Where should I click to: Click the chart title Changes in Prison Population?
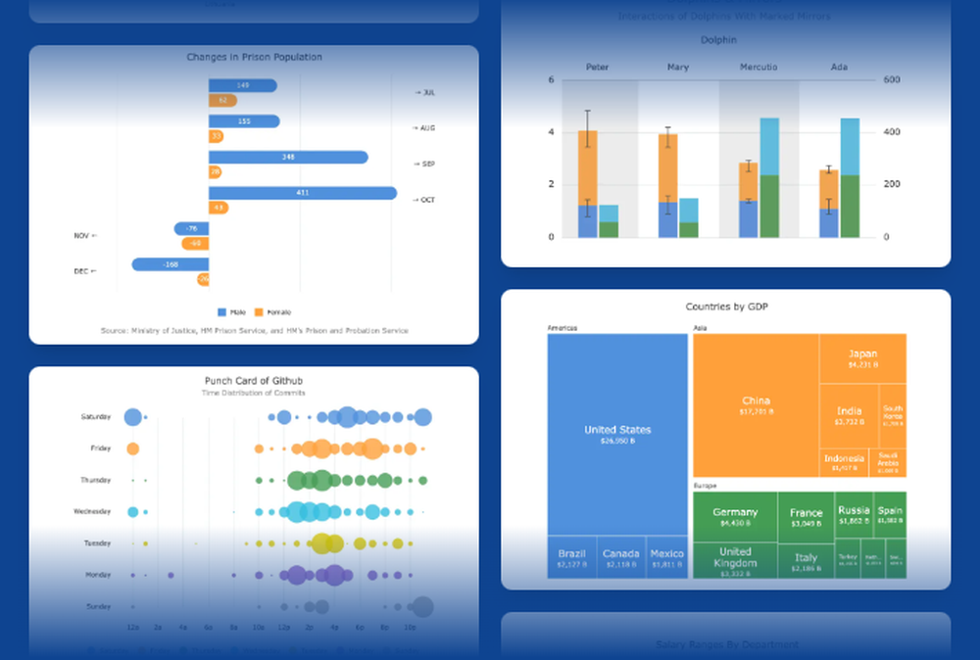tap(254, 57)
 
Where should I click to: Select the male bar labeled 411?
tap(302, 193)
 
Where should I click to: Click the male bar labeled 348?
tap(287, 157)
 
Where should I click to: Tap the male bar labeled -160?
tap(170, 264)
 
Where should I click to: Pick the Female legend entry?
tap(272, 312)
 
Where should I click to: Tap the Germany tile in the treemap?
tap(735, 516)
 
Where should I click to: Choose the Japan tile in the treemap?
tap(862, 358)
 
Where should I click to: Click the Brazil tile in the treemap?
tap(570, 557)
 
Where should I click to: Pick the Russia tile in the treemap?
tap(854, 514)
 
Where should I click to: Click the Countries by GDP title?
tap(726, 306)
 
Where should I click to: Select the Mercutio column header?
tap(759, 68)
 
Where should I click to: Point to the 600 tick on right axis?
tap(893, 80)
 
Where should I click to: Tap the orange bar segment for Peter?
tap(587, 167)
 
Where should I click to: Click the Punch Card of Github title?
tap(254, 381)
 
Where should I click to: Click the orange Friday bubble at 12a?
tap(133, 448)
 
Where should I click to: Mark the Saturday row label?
tap(96, 417)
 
